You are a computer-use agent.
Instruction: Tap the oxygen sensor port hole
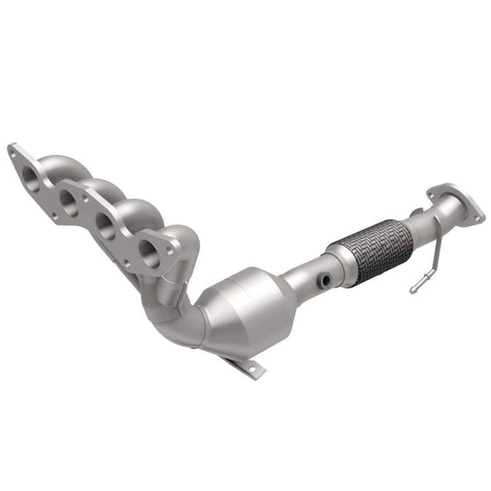[x=324, y=279]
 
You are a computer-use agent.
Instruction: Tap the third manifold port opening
[x=106, y=224]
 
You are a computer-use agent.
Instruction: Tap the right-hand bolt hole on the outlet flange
[x=477, y=217]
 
